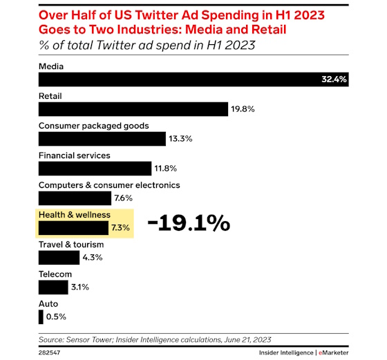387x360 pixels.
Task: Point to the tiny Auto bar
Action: (x=41, y=316)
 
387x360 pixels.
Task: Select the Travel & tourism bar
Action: (x=59, y=258)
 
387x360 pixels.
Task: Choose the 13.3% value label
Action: (x=181, y=139)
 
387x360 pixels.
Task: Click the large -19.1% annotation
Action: (x=188, y=223)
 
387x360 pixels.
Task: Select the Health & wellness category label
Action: (x=73, y=215)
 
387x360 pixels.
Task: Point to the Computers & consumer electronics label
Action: (x=109, y=185)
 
